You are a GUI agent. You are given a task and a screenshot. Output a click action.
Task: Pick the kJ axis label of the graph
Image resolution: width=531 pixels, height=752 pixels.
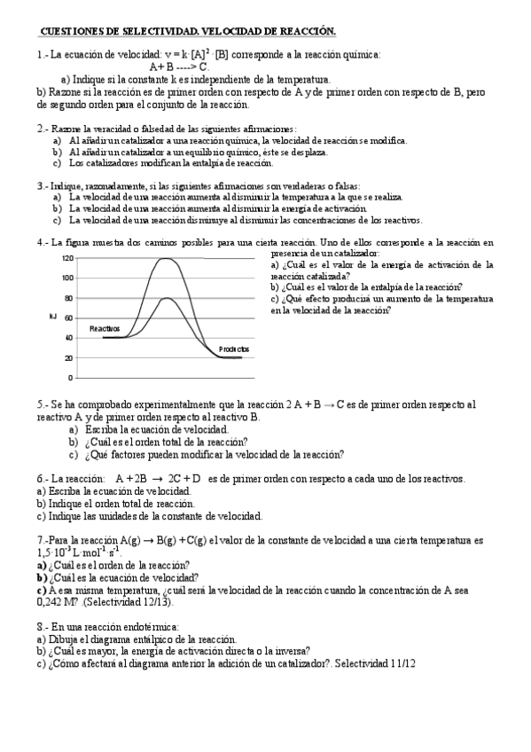point(52,316)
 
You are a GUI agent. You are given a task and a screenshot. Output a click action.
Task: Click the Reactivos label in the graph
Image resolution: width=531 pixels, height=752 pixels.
point(104,328)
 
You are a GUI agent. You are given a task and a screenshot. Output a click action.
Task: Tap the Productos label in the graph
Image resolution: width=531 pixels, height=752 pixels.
point(234,349)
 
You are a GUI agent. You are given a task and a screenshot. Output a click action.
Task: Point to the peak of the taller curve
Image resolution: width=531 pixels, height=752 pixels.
point(164,258)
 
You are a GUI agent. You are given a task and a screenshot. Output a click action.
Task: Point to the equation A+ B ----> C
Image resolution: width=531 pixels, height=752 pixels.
point(179,67)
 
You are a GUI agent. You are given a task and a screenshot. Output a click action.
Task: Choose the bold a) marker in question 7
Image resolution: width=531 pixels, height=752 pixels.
point(42,564)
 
